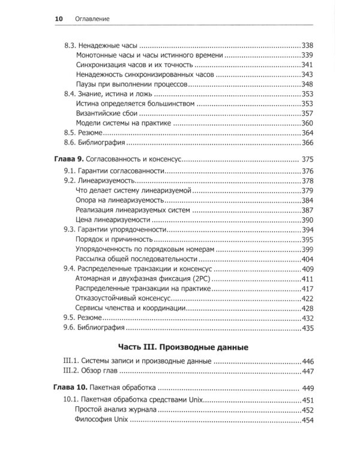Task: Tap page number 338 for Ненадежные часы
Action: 307,46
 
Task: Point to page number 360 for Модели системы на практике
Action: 307,123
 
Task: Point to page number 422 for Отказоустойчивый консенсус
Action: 307,298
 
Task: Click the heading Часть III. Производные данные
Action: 180,347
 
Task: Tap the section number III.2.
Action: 73,371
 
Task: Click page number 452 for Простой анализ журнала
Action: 307,410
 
